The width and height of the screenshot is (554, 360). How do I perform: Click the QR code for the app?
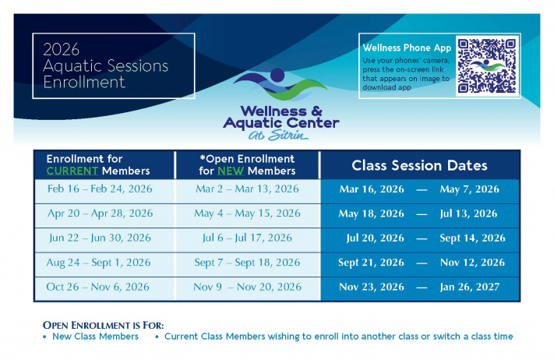pyautogui.click(x=487, y=65)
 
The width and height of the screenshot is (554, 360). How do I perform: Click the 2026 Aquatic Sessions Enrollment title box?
pyautogui.click(x=114, y=65)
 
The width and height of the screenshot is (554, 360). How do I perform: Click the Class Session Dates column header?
pyautogui.click(x=419, y=165)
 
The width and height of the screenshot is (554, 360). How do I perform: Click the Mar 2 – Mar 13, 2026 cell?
pyautogui.click(x=247, y=189)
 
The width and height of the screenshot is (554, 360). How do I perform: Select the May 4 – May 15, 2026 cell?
pyautogui.click(x=247, y=214)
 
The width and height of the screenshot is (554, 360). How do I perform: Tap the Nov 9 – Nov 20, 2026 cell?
pyautogui.click(x=247, y=287)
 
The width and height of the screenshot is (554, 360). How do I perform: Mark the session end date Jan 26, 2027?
pyautogui.click(x=469, y=287)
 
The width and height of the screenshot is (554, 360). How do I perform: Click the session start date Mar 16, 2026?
pyautogui.click(x=372, y=189)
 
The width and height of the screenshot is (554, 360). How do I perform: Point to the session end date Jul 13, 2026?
pyautogui.click(x=469, y=214)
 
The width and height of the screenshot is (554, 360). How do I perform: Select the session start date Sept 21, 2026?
pyautogui.click(x=372, y=263)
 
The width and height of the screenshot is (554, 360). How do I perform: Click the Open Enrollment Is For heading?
pyautogui.click(x=108, y=324)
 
